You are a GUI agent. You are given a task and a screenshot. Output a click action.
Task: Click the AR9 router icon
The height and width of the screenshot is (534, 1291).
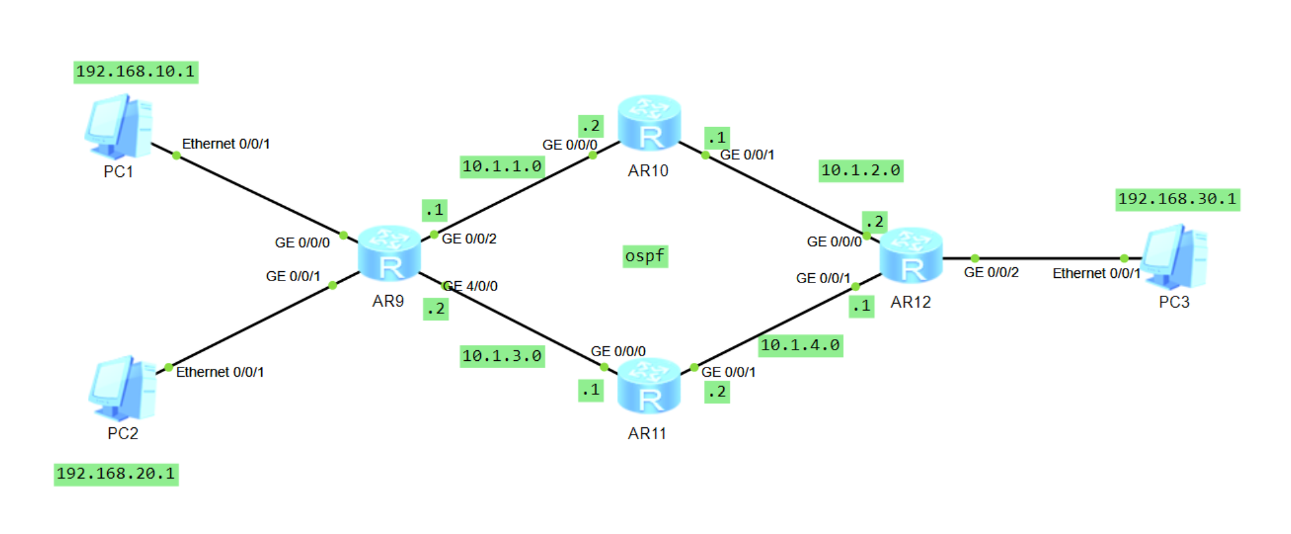click(389, 254)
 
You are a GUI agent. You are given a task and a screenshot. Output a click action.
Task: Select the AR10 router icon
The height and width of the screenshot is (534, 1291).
click(649, 123)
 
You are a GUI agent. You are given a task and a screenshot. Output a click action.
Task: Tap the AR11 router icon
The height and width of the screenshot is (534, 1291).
click(649, 386)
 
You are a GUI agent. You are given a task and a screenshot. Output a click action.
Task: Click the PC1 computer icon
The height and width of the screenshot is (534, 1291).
click(119, 126)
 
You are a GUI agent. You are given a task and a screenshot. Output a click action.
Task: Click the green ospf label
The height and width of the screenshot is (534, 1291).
click(645, 255)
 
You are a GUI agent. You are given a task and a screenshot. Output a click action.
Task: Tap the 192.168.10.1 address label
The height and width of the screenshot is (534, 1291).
click(136, 71)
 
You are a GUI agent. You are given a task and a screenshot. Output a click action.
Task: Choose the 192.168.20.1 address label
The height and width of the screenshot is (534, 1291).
click(116, 473)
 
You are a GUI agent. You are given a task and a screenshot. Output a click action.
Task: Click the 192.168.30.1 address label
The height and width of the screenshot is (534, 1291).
click(1177, 199)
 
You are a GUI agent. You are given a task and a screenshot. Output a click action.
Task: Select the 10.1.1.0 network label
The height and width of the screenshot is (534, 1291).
click(502, 167)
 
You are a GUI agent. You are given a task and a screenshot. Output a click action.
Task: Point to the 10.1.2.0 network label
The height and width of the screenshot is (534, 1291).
click(861, 171)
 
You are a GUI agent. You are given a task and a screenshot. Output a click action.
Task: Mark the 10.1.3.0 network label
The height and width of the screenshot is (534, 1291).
click(502, 356)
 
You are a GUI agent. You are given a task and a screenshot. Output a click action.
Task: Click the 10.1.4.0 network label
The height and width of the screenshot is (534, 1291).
click(800, 345)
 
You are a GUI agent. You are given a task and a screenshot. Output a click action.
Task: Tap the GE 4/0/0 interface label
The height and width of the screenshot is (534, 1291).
click(470, 286)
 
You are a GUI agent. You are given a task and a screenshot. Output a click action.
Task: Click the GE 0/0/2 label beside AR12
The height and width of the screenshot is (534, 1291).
click(991, 273)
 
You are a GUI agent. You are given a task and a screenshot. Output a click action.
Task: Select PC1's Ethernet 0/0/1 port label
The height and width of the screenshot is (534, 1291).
click(226, 144)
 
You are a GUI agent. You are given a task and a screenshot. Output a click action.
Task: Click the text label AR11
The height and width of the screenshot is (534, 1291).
click(647, 433)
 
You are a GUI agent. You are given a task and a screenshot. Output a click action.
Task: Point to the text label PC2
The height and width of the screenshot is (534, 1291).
click(123, 433)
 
